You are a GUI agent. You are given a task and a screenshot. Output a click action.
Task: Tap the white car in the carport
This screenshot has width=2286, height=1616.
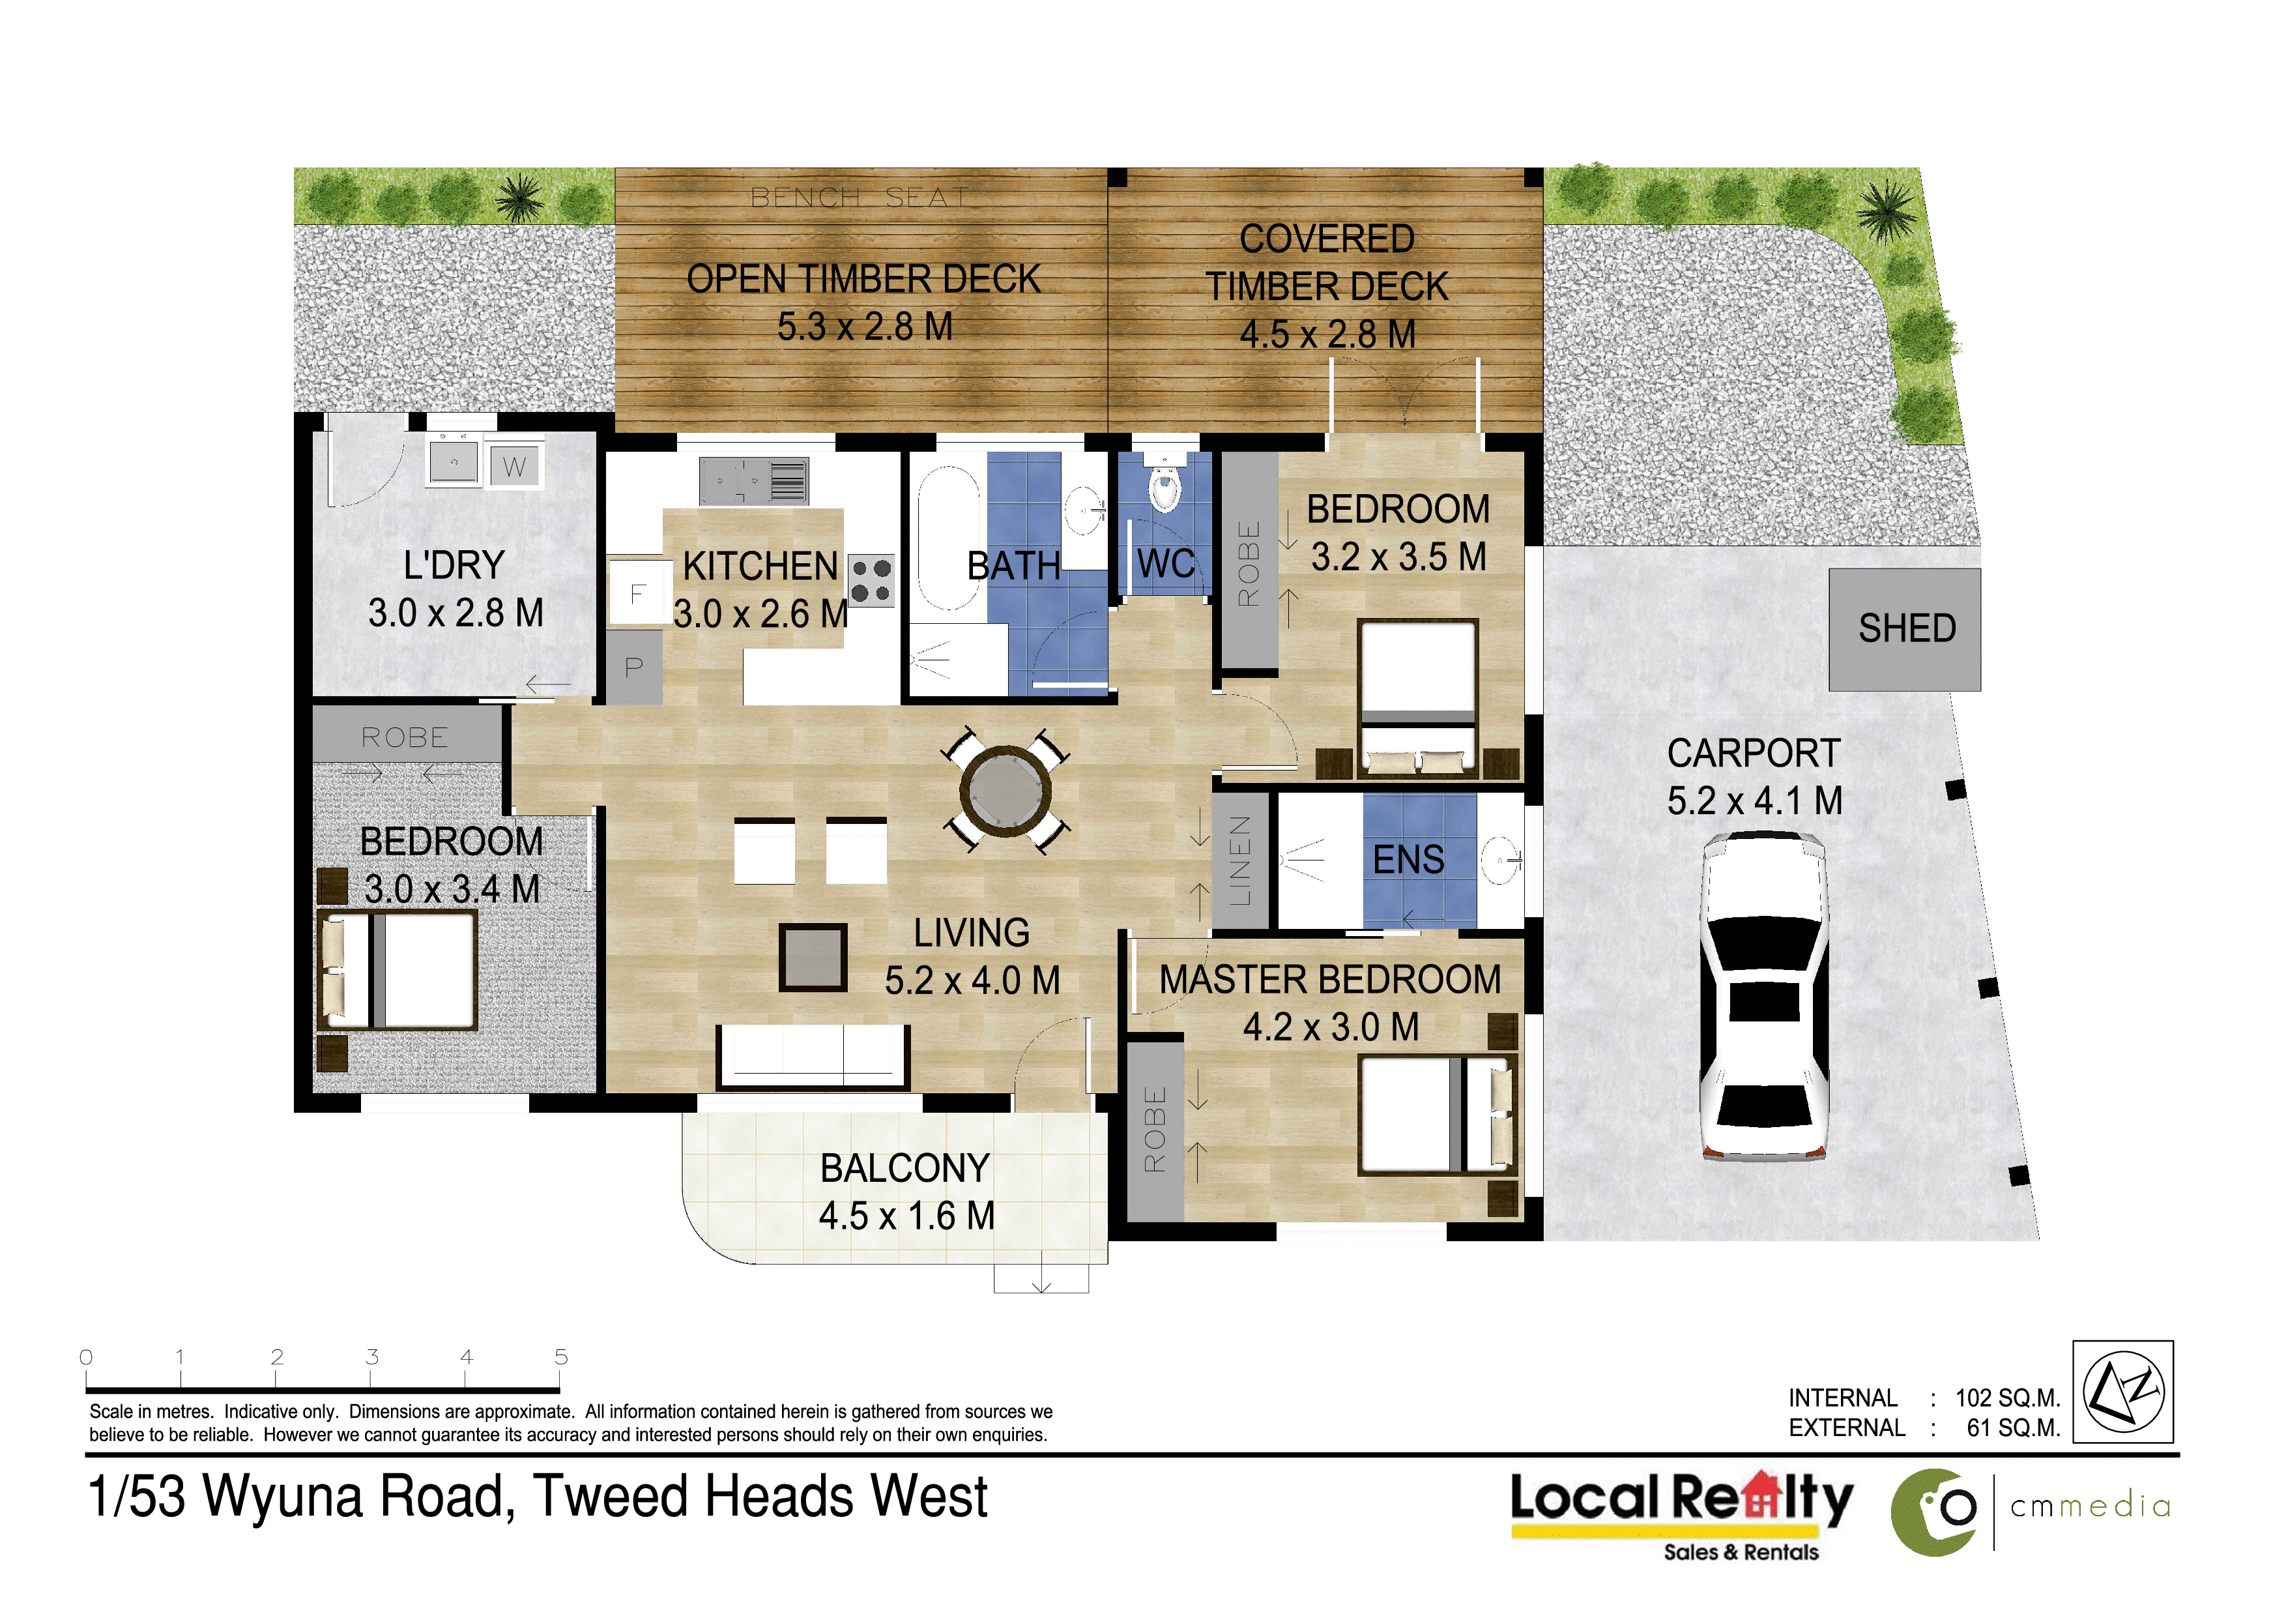tap(1763, 997)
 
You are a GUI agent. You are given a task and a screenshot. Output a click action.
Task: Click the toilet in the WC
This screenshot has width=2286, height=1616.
tap(1163, 485)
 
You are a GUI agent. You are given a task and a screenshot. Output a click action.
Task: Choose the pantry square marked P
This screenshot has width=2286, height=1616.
tap(634, 667)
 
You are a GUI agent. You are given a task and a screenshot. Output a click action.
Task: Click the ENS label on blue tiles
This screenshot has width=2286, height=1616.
tap(1408, 859)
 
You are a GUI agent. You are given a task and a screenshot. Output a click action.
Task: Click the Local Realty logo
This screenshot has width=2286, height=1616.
tap(1682, 1514)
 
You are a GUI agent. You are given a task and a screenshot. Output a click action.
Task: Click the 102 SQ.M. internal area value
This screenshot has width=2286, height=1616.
tap(2007, 1398)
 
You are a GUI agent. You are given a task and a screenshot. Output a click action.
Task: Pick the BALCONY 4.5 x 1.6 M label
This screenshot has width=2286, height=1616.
tap(905, 1192)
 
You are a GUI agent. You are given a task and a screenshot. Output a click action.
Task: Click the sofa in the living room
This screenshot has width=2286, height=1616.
tap(813, 1057)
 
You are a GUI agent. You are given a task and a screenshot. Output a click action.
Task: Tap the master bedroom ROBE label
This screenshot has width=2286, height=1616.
tap(1154, 1129)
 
